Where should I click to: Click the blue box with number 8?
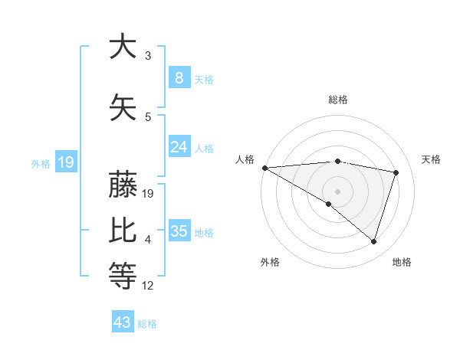[179, 77]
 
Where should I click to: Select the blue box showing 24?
[179, 147]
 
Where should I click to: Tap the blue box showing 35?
[179, 231]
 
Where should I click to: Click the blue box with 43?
[123, 322]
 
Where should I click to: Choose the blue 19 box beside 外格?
[65, 162]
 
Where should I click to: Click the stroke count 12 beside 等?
[148, 286]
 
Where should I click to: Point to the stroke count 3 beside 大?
[148, 56]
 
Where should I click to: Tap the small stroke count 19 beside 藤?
[149, 194]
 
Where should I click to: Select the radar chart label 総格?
[337, 100]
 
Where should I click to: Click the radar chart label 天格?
[431, 159]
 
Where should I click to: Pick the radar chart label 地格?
[402, 262]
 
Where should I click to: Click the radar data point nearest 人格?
[264, 168]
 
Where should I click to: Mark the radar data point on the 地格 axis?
[373, 241]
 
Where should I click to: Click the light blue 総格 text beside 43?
[147, 323]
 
